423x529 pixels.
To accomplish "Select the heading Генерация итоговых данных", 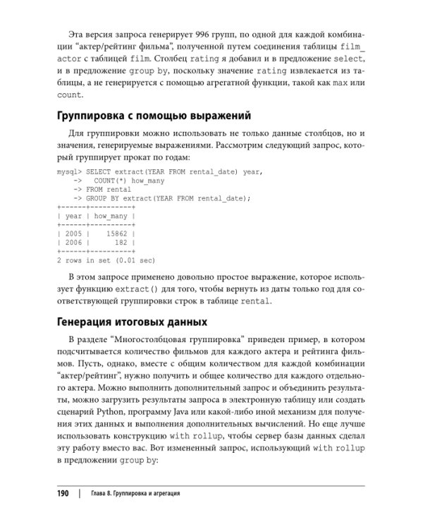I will pos(130,322).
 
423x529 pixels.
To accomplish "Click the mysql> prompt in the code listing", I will pos(70,171).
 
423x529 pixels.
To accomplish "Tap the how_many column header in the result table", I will pos(110,216).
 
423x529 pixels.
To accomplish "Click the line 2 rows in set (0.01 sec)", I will pos(105,260).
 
